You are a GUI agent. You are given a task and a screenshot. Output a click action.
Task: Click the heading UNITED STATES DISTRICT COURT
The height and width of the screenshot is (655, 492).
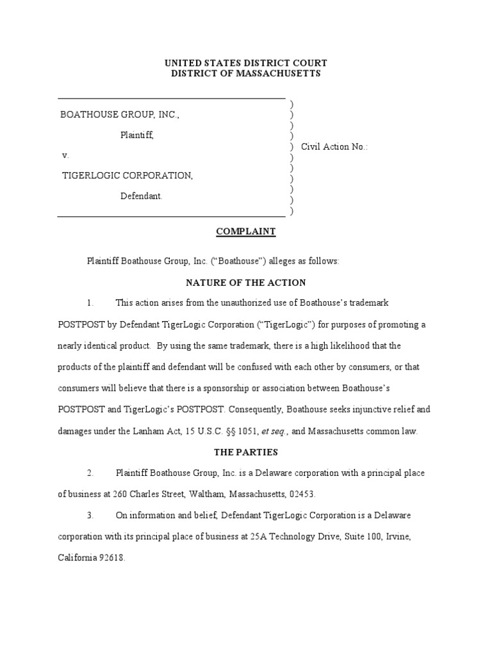click(246, 63)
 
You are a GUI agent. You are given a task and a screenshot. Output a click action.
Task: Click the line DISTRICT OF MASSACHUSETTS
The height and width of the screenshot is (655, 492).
click(246, 74)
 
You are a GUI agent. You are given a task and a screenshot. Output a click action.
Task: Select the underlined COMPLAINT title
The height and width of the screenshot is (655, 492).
click(246, 232)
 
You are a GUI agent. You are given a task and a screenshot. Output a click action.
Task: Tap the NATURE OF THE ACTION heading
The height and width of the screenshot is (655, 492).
click(246, 282)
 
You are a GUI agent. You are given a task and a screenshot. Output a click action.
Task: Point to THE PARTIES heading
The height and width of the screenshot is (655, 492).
click(246, 452)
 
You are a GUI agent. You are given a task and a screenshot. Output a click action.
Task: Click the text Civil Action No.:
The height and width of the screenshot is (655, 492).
click(334, 146)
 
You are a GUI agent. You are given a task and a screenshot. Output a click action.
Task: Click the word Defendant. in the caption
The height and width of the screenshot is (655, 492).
click(142, 196)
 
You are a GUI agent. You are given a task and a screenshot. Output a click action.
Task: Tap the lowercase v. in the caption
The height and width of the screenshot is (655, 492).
click(65, 155)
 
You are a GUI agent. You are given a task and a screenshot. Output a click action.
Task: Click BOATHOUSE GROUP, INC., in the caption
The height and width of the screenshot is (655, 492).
click(120, 114)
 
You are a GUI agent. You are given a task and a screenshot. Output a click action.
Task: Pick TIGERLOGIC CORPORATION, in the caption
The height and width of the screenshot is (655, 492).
click(127, 175)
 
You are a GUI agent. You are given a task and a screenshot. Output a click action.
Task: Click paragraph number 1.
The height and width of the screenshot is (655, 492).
click(90, 303)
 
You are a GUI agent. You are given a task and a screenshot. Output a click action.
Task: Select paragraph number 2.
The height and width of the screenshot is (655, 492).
click(90, 473)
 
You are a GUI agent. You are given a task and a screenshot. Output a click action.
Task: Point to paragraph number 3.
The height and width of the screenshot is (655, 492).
click(90, 515)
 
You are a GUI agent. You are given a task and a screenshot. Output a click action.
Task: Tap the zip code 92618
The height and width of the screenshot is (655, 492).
click(111, 557)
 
